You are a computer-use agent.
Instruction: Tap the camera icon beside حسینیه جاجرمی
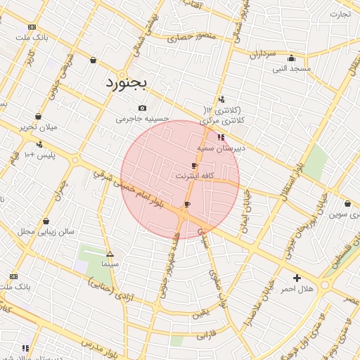click(x=143, y=108)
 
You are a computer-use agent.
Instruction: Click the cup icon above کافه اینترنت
click(x=195, y=165)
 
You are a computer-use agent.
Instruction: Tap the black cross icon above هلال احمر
click(x=297, y=278)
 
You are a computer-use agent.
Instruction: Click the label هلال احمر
click(x=297, y=289)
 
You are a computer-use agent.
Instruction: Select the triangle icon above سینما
click(x=110, y=254)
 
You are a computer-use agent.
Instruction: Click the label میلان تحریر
click(x=38, y=127)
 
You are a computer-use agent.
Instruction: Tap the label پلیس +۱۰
click(x=39, y=154)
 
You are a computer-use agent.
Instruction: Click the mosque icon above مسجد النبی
click(x=291, y=58)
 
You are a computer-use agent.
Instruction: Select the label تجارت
click(x=340, y=14)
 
